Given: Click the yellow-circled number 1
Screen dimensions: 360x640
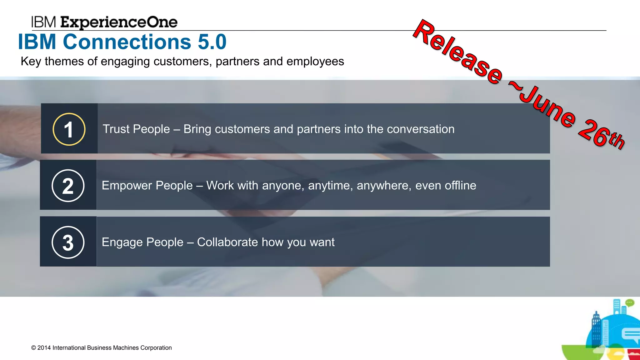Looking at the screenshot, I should pos(69,129).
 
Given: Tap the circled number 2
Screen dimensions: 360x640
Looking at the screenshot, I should pos(68,186).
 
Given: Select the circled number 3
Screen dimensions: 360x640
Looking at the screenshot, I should pos(68,242).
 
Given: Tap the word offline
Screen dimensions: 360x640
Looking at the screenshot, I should pos(460,186).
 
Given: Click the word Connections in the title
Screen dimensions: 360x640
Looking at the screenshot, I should pos(127,42).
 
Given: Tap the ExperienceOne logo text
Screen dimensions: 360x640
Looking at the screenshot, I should pos(119,22).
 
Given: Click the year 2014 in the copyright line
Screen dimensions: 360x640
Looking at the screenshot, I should pos(44,348).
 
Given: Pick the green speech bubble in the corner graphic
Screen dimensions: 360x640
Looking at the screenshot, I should pos(630,302).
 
